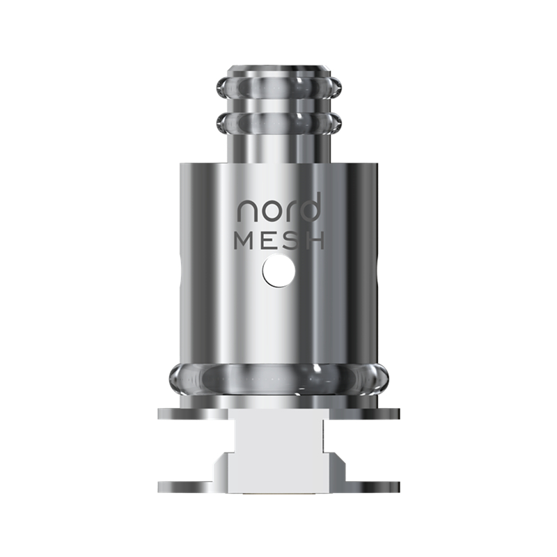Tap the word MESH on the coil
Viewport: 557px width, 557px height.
tap(279, 240)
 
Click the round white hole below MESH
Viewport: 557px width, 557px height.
tap(279, 272)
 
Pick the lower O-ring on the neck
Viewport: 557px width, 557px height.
tap(279, 123)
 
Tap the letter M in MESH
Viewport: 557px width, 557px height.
tap(244, 240)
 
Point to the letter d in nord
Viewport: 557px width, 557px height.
tap(310, 206)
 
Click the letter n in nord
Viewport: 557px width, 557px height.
tap(247, 212)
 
